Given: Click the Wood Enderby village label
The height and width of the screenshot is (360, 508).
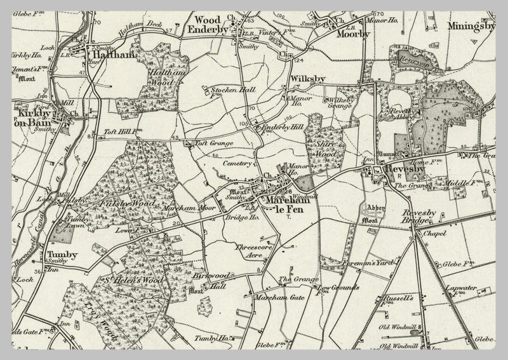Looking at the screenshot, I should point(208,24).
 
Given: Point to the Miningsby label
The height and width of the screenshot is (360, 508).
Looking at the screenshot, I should point(471,27).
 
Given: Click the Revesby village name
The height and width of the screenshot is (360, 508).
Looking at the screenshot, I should point(404,170).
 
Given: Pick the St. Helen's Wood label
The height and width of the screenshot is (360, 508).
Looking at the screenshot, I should point(135,280).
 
